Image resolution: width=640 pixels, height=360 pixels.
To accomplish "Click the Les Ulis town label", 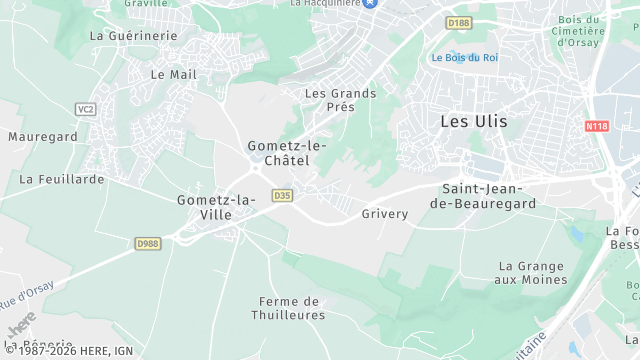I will (473, 121).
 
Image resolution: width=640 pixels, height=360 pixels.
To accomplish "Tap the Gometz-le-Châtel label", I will (286, 153).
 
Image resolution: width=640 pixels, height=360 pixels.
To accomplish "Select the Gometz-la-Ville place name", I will (217, 207).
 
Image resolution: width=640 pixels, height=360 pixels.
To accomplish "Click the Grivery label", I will (385, 214).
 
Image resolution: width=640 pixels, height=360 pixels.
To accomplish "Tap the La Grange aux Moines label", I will (532, 274).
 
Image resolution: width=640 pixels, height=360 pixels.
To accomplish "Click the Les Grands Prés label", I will (340, 100).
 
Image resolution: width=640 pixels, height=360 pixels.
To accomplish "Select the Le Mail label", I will (173, 74).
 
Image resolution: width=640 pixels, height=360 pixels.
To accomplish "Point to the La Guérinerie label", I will (133, 35).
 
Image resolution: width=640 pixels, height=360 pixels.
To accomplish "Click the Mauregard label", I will (42, 135).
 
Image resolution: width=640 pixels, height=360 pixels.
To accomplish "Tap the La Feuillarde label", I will (62, 179).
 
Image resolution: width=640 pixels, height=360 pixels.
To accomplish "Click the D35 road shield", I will (282, 196).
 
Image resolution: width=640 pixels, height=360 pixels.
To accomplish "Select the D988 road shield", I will (148, 243).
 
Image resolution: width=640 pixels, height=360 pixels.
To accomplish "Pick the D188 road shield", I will (459, 22).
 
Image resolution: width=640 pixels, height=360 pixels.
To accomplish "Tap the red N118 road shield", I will (597, 126).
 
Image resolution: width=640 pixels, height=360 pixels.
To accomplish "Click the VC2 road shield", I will (85, 109).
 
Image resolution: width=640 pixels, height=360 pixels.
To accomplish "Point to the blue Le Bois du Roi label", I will (465, 58).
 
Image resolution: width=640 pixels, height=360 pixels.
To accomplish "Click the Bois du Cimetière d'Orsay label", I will (579, 30).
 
